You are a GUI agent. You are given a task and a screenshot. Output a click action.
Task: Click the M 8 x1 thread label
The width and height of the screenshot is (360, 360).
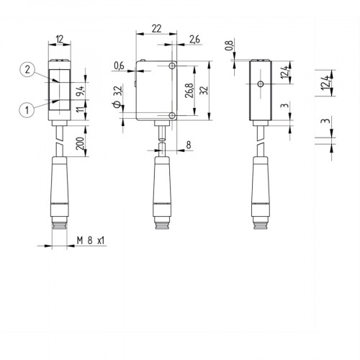91,240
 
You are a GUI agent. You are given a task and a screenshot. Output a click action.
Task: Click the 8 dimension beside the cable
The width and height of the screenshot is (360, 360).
189,144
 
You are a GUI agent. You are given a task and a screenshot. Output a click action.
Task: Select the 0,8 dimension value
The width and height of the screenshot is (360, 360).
230,47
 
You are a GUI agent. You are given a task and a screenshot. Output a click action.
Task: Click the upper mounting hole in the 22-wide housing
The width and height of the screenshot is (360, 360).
172,66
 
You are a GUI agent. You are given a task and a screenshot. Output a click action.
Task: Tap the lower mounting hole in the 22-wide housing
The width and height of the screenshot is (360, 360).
172,116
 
